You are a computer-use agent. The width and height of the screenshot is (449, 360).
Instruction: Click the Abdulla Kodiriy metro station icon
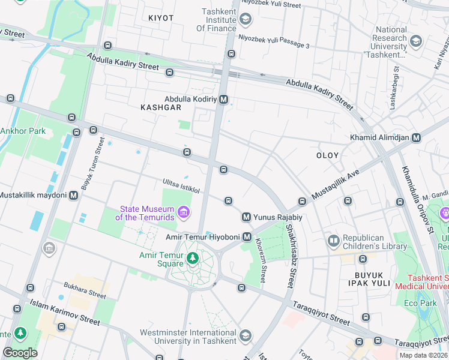tap(224, 99)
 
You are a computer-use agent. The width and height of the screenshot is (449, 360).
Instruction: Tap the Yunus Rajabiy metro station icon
tap(246, 217)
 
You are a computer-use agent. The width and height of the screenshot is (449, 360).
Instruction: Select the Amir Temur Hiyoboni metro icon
tap(247, 237)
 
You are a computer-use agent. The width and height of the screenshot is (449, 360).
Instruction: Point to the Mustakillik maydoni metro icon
tap(74, 195)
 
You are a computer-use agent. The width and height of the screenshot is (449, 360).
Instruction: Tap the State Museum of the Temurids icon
tap(183, 211)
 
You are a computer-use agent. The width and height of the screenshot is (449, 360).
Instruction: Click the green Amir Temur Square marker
tap(193, 259)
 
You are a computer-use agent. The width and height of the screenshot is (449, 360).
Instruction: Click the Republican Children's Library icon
tap(333, 241)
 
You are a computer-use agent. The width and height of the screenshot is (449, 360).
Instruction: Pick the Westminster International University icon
tap(245, 335)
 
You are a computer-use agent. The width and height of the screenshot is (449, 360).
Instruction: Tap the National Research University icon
tap(416, 40)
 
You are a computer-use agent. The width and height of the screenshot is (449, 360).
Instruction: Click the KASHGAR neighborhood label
tap(160, 107)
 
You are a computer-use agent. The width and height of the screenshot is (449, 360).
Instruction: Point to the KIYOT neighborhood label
tap(161, 18)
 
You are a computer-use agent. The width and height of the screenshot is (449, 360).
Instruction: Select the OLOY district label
tap(328, 155)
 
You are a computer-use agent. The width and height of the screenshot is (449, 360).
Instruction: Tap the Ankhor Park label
tap(23, 130)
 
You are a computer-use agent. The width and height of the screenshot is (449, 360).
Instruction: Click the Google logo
tap(20, 352)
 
